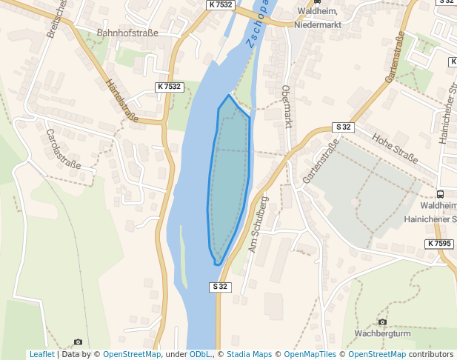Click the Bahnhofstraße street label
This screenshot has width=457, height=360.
(x=128, y=33)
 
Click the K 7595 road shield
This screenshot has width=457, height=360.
(x=438, y=244)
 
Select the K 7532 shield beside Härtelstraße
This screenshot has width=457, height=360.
(x=169, y=87)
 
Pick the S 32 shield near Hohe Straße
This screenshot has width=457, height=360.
(x=344, y=127)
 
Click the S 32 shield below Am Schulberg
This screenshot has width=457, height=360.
(x=220, y=287)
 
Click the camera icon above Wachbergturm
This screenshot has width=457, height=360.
(x=382, y=321)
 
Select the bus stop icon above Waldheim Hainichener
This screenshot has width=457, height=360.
(x=441, y=193)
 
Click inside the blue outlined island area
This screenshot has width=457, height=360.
(x=229, y=178)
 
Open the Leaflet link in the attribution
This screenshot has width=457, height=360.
(x=41, y=355)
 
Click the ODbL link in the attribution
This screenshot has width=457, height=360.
(x=200, y=355)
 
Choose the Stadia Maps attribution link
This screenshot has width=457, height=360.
(x=249, y=355)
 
